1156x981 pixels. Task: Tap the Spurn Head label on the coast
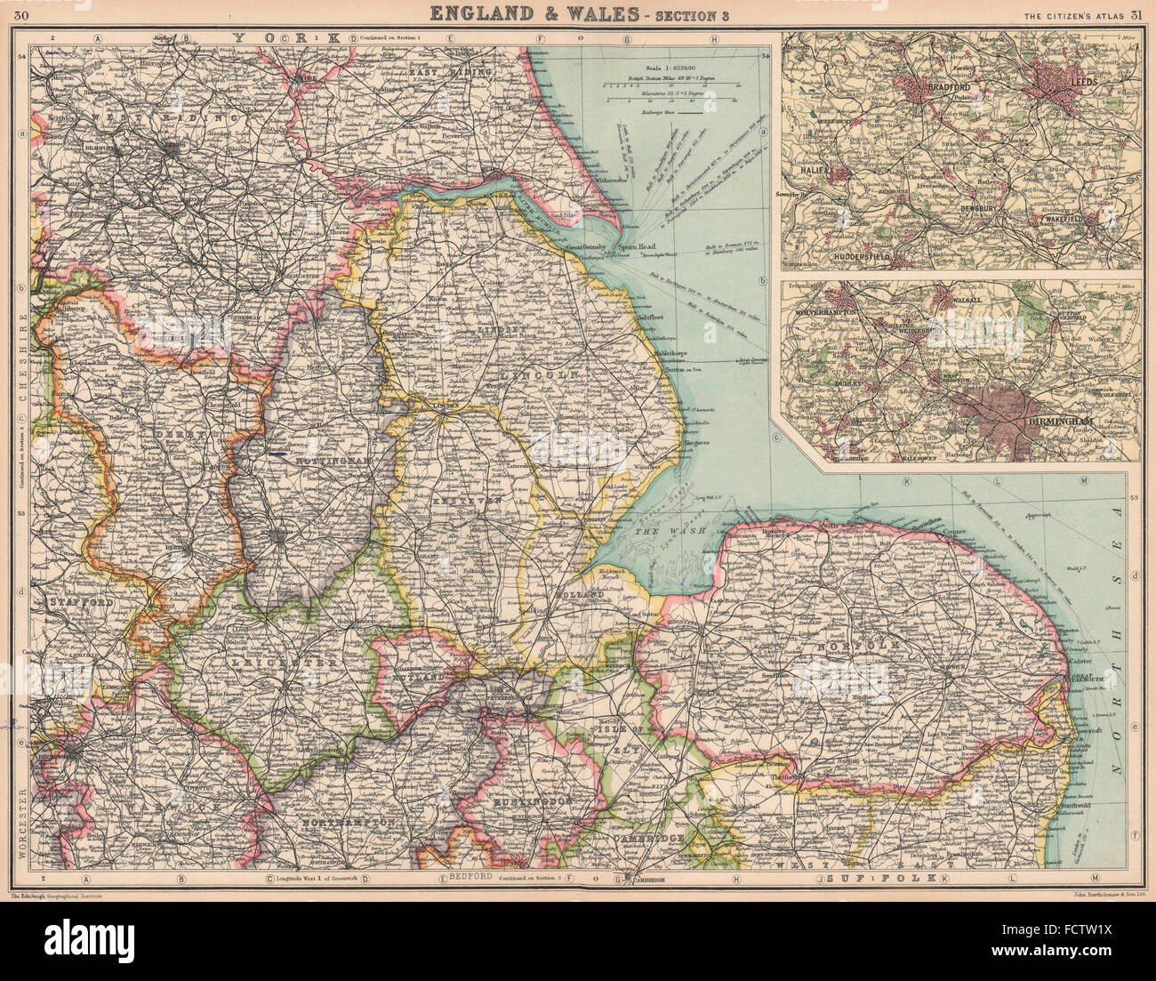tap(637, 249)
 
